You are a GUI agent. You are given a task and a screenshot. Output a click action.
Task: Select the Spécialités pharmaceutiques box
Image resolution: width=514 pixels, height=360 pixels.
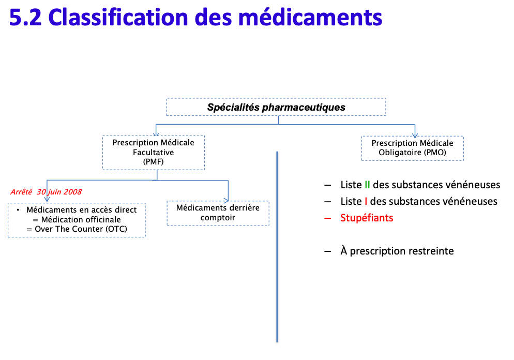click(x=276, y=107)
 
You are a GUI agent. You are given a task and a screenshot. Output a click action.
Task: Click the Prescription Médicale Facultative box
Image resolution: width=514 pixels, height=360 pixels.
click(x=154, y=153)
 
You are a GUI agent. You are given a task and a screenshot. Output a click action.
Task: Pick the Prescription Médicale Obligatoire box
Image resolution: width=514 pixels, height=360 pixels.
click(x=412, y=148)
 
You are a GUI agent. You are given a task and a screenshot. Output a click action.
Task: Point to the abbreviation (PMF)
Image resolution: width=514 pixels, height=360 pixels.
click(x=154, y=162)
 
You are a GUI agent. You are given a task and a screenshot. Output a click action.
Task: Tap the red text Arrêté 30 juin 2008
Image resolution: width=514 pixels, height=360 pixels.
click(x=46, y=192)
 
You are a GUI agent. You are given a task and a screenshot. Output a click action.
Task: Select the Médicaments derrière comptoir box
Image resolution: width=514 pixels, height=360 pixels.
click(x=218, y=213)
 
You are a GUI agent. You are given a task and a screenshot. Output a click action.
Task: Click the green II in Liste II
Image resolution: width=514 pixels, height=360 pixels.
click(x=367, y=185)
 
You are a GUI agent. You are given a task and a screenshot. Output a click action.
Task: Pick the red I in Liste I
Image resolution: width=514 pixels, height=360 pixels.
click(x=366, y=201)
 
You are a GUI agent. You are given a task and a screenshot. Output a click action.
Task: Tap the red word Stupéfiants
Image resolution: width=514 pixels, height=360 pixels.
click(x=367, y=218)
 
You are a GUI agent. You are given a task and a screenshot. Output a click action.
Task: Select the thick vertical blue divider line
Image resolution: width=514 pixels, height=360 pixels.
click(x=278, y=248)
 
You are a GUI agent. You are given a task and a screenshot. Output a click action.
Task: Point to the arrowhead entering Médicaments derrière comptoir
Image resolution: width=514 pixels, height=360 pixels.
click(x=228, y=199)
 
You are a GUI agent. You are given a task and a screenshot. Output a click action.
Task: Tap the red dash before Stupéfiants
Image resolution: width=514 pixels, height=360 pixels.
click(x=327, y=218)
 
